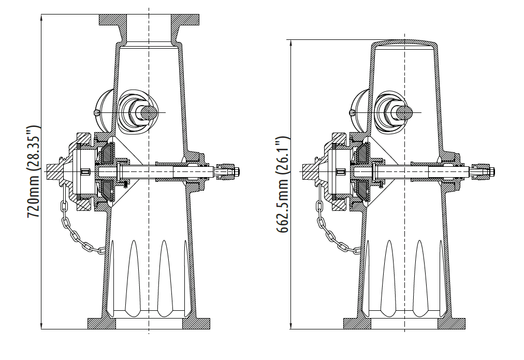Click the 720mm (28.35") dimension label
click(34, 172)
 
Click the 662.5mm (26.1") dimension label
click(283, 184)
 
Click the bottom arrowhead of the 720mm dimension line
click(41, 326)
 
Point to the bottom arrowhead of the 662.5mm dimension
click(292, 326)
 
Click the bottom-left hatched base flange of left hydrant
click(101, 324)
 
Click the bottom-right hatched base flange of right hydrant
click(452, 324)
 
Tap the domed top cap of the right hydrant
click(405, 43)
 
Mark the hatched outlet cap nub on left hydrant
click(53, 171)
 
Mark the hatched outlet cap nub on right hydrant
click(310, 171)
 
